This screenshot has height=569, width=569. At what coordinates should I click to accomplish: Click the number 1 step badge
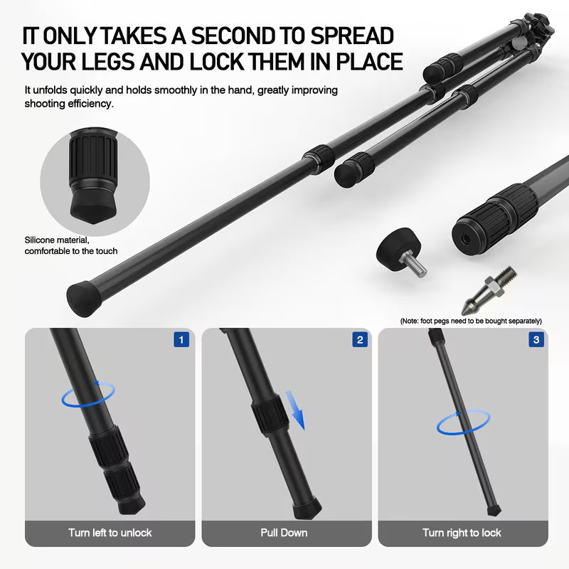(181, 340)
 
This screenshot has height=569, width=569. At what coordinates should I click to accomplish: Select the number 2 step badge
(360, 340)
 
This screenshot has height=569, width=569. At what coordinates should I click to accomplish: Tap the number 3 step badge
(536, 340)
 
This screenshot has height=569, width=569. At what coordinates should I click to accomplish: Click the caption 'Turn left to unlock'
(110, 532)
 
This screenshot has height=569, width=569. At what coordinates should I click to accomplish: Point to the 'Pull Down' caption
(284, 532)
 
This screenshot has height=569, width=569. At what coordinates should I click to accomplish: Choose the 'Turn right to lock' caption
(462, 532)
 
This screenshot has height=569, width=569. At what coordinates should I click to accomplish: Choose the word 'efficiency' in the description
(89, 103)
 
